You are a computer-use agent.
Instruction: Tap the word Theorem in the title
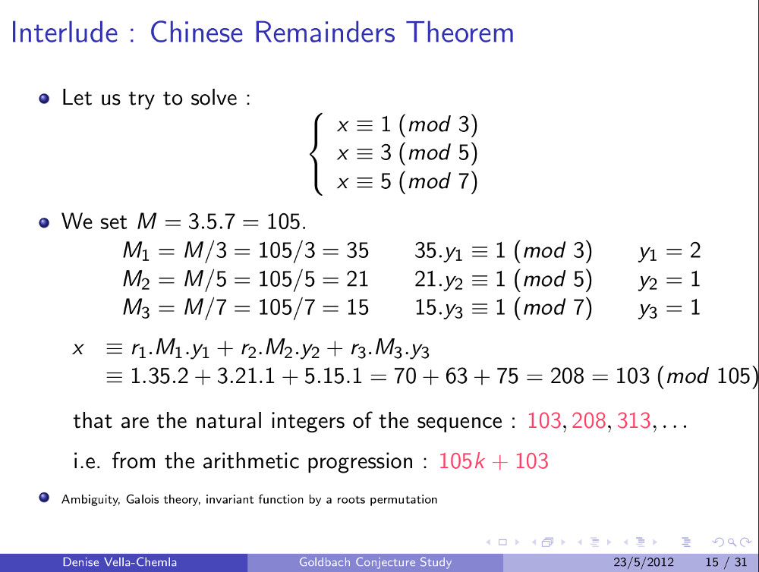click(460, 33)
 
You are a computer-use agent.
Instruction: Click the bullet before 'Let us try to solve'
click(44, 99)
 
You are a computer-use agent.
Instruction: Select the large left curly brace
click(317, 154)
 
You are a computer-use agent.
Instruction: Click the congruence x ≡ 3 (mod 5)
click(407, 153)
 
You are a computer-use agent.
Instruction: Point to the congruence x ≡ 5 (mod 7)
click(407, 181)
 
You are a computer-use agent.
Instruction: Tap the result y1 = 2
click(669, 250)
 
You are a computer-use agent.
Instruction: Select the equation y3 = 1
click(669, 308)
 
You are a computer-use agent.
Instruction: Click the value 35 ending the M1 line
click(357, 250)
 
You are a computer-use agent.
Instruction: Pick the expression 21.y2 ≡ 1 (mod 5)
click(503, 279)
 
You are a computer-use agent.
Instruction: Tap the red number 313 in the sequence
click(634, 420)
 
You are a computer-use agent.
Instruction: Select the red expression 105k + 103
click(493, 460)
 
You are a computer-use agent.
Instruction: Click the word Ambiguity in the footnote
click(90, 499)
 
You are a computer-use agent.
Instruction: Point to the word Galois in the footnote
click(143, 499)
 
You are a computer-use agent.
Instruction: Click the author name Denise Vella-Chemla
click(120, 562)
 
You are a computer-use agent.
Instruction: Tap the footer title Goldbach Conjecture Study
click(375, 562)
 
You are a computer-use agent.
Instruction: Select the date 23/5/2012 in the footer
click(644, 562)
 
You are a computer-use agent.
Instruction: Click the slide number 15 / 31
click(726, 562)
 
